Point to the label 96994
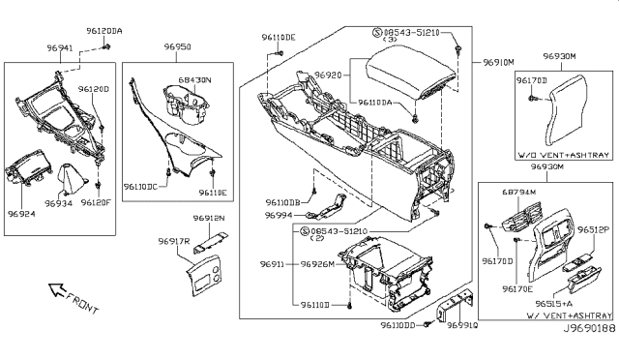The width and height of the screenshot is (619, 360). [280, 215]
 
